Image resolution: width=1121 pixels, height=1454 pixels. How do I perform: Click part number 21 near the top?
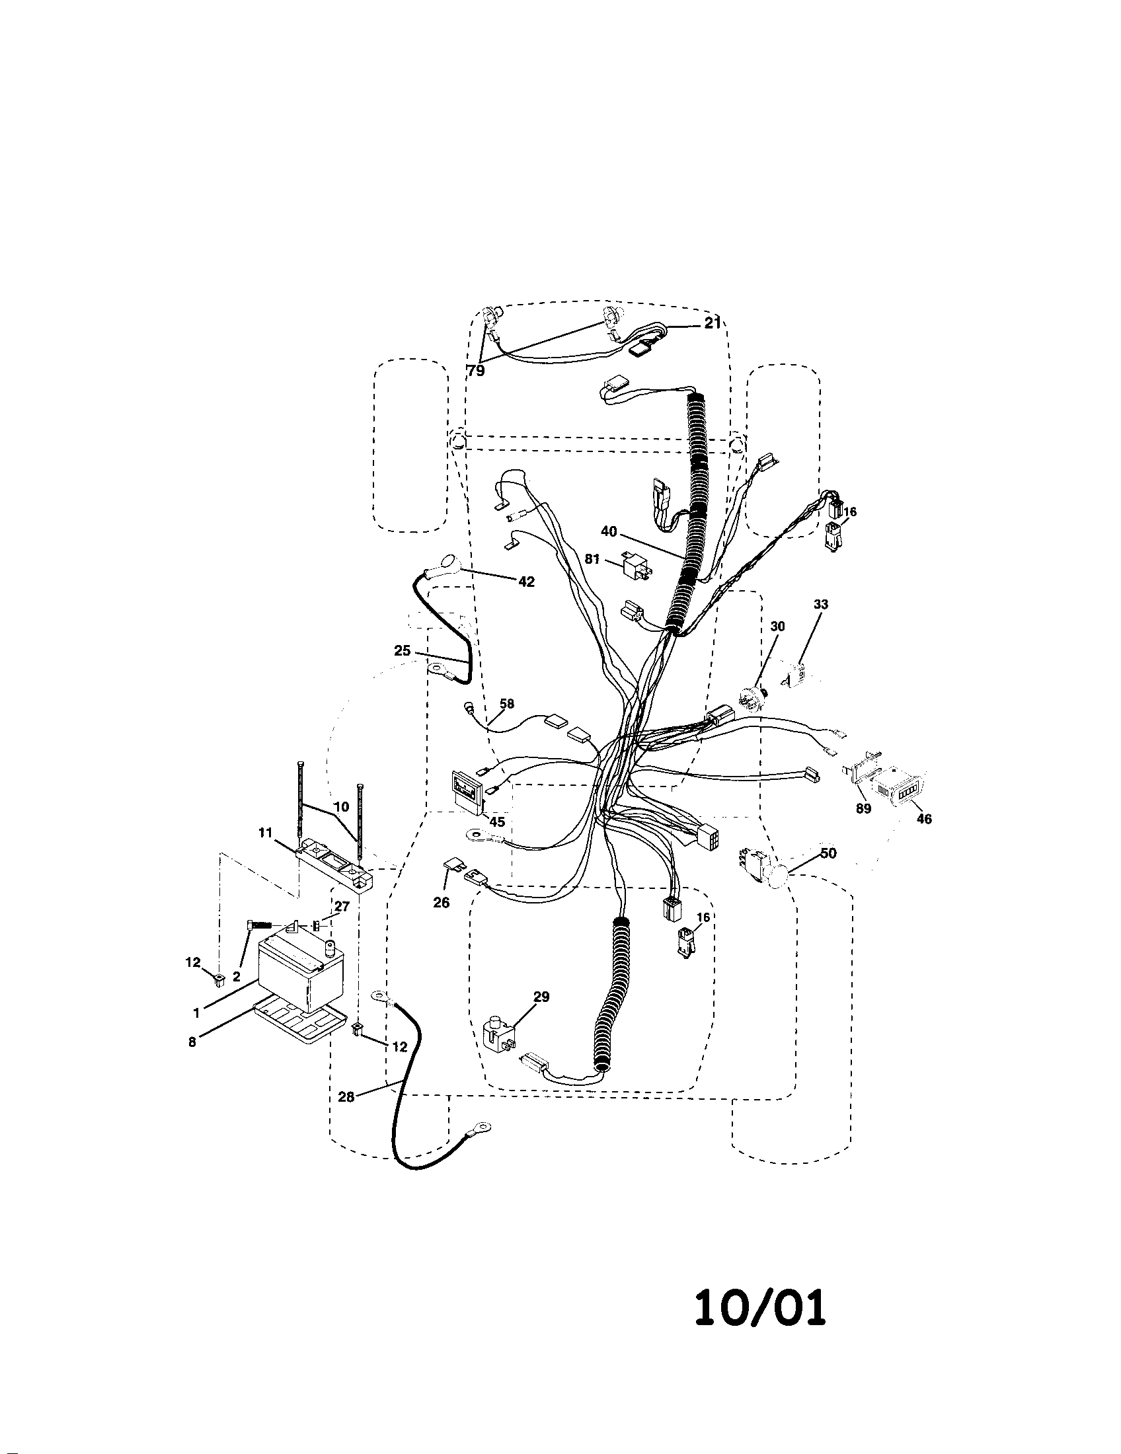pos(713,323)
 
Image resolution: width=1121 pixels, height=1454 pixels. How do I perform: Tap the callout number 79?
pos(476,371)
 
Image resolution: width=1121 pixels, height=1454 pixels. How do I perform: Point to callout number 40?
pos(609,531)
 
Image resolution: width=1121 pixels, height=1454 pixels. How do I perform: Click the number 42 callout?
pos(526,581)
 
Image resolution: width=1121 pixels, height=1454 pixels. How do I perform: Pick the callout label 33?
pos(821,605)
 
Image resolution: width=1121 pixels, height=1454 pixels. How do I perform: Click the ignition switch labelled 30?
pos(752,698)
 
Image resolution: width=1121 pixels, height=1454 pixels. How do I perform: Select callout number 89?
pos(863,809)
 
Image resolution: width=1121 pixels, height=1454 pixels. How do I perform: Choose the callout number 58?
pos(506,703)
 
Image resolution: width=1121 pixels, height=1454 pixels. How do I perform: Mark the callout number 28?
pos(346,1097)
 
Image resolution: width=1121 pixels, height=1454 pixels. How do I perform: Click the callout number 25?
pos(402,650)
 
